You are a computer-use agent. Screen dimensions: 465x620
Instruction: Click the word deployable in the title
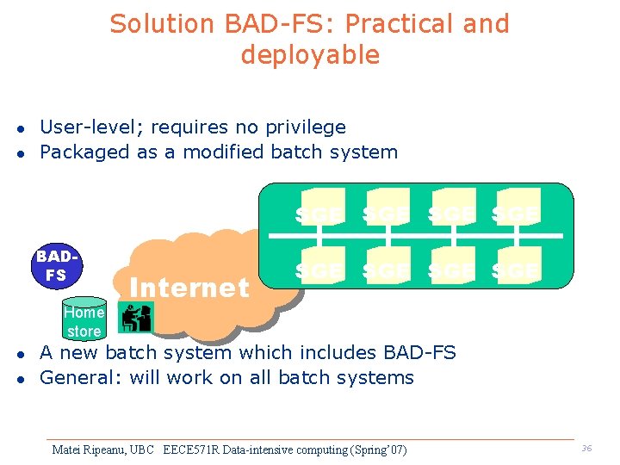pyautogui.click(x=310, y=55)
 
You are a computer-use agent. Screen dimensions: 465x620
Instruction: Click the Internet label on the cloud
pyautogui.click(x=189, y=288)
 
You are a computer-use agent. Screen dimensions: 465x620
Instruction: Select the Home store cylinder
pyautogui.click(x=84, y=321)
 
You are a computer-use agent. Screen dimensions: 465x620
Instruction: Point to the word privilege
pyautogui.click(x=305, y=127)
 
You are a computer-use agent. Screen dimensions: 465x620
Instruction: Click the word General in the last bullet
pyautogui.click(x=79, y=378)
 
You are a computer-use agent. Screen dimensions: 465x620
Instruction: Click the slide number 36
pyautogui.click(x=586, y=449)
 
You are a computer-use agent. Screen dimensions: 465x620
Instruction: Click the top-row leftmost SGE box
pyautogui.click(x=320, y=211)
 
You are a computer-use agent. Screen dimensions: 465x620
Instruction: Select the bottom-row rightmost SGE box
pyautogui.click(x=517, y=270)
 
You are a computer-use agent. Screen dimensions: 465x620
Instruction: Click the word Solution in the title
pyautogui.click(x=161, y=24)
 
